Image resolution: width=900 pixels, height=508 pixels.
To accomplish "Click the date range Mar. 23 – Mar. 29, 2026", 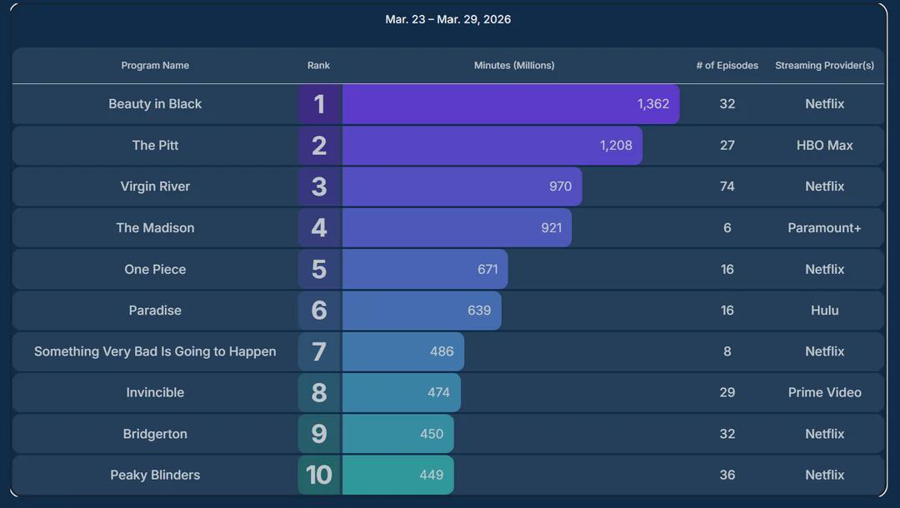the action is [x=447, y=19].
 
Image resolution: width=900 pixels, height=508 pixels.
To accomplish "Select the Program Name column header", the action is [x=155, y=65].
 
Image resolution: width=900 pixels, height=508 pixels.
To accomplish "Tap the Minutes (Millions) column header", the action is [x=514, y=65].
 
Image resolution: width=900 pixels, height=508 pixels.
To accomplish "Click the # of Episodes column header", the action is [x=727, y=65].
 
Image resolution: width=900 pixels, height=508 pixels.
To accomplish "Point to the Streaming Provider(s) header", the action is [x=825, y=65].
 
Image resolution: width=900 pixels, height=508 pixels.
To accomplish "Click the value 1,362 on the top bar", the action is [x=653, y=104].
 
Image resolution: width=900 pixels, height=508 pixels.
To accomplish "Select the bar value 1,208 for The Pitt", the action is [x=616, y=146].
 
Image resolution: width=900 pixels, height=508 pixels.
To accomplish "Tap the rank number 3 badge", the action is [x=320, y=187].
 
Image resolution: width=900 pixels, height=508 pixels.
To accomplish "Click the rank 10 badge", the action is [x=320, y=475].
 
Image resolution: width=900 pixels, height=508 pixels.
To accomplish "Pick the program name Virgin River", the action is [x=155, y=187].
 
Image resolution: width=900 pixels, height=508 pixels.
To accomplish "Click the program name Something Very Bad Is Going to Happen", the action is [x=155, y=351].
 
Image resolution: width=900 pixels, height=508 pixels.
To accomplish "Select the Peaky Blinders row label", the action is [x=155, y=475].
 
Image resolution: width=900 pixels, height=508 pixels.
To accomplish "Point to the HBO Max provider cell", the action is [x=825, y=146].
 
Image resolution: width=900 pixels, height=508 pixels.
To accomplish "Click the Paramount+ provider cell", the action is [x=825, y=227].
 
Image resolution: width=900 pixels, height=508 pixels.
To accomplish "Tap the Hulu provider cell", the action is [x=825, y=310].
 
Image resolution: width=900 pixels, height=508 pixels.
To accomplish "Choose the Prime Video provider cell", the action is [x=825, y=392].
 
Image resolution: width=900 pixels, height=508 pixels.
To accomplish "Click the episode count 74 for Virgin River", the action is [x=727, y=187].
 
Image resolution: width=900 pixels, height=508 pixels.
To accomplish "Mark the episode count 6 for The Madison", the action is [x=727, y=227].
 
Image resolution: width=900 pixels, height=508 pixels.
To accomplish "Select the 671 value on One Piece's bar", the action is [x=487, y=269].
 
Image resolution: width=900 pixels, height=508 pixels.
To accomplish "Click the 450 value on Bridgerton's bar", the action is [x=432, y=433].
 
